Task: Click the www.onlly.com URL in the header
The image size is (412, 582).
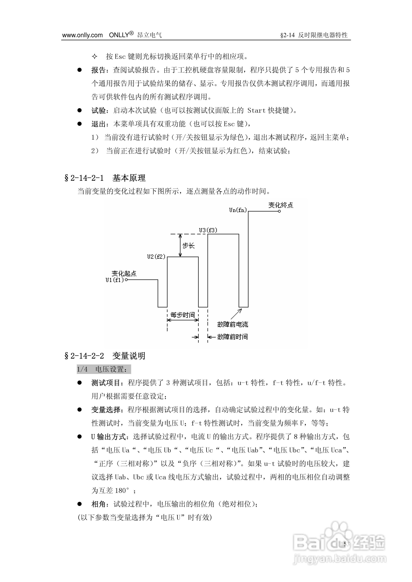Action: [x=82, y=35]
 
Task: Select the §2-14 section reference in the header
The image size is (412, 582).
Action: [x=287, y=35]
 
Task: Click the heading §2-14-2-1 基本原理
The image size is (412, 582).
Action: [x=105, y=178]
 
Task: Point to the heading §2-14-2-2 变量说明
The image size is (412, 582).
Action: [x=105, y=356]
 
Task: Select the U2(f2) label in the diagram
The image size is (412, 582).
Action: [x=156, y=257]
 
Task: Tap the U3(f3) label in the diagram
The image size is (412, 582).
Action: [x=208, y=230]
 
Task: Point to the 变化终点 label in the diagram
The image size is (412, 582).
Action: [x=281, y=205]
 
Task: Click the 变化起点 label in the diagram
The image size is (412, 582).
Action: [x=124, y=274]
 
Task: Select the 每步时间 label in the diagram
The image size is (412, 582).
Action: [x=183, y=315]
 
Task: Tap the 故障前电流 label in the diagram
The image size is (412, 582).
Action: [x=233, y=325]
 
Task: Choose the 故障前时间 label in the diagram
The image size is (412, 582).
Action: [x=233, y=337]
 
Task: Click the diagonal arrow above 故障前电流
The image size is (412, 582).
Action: [x=236, y=314]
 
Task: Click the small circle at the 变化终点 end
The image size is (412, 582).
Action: [x=279, y=211]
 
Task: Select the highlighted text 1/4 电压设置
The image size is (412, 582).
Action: [x=104, y=369]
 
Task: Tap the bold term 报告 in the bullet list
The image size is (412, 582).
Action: [x=98, y=70]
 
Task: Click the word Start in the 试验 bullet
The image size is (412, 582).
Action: [x=256, y=111]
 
